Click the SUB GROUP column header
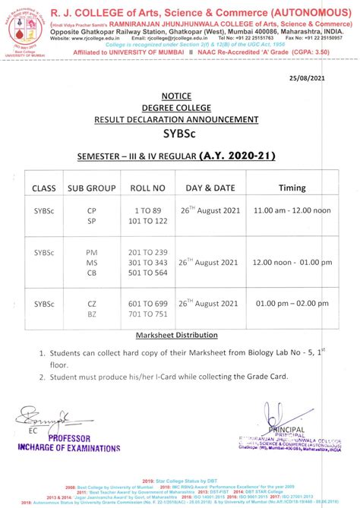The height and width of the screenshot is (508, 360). click(91, 188)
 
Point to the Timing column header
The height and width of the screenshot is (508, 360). click(292, 188)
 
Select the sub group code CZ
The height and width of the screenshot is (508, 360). click(92, 302)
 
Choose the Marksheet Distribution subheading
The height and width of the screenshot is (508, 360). click(176, 335)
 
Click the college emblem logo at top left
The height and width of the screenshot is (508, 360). click(23, 26)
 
